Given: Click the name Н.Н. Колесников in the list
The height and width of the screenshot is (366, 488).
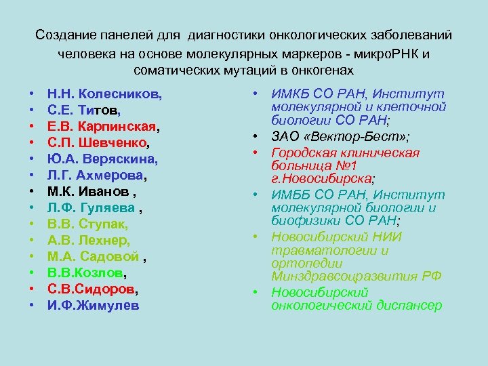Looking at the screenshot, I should click(104, 94).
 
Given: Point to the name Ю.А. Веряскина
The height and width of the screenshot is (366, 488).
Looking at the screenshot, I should click(102, 159).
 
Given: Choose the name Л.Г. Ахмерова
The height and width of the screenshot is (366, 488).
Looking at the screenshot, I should click(97, 176).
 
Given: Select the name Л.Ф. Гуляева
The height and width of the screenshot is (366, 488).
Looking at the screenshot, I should click(96, 208).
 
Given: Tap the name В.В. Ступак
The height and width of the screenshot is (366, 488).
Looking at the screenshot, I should click(87, 224).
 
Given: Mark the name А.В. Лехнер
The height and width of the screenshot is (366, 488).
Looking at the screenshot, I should click(89, 241).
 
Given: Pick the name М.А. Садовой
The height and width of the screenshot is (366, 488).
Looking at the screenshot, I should click(94, 257).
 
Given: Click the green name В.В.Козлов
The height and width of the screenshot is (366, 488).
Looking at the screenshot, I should click(87, 273).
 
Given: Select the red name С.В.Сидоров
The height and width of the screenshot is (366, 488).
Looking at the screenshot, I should click(92, 289).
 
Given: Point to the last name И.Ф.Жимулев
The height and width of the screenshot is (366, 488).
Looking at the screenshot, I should click(93, 306).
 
